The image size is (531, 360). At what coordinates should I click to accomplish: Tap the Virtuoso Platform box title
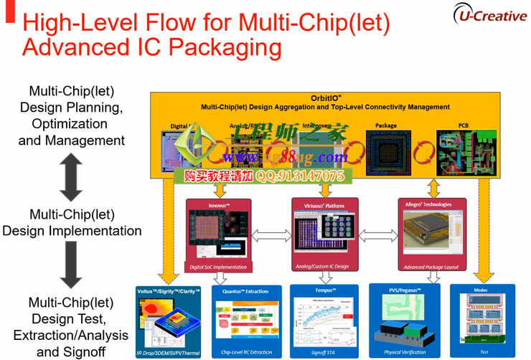325,206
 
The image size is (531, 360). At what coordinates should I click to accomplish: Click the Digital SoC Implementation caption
218,267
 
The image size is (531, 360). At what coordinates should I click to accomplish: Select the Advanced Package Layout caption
431,267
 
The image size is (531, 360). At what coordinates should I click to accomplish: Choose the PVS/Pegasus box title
405,290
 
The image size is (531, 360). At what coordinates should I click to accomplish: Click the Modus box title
481,290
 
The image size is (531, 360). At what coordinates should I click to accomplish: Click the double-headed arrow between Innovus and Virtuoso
273,235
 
